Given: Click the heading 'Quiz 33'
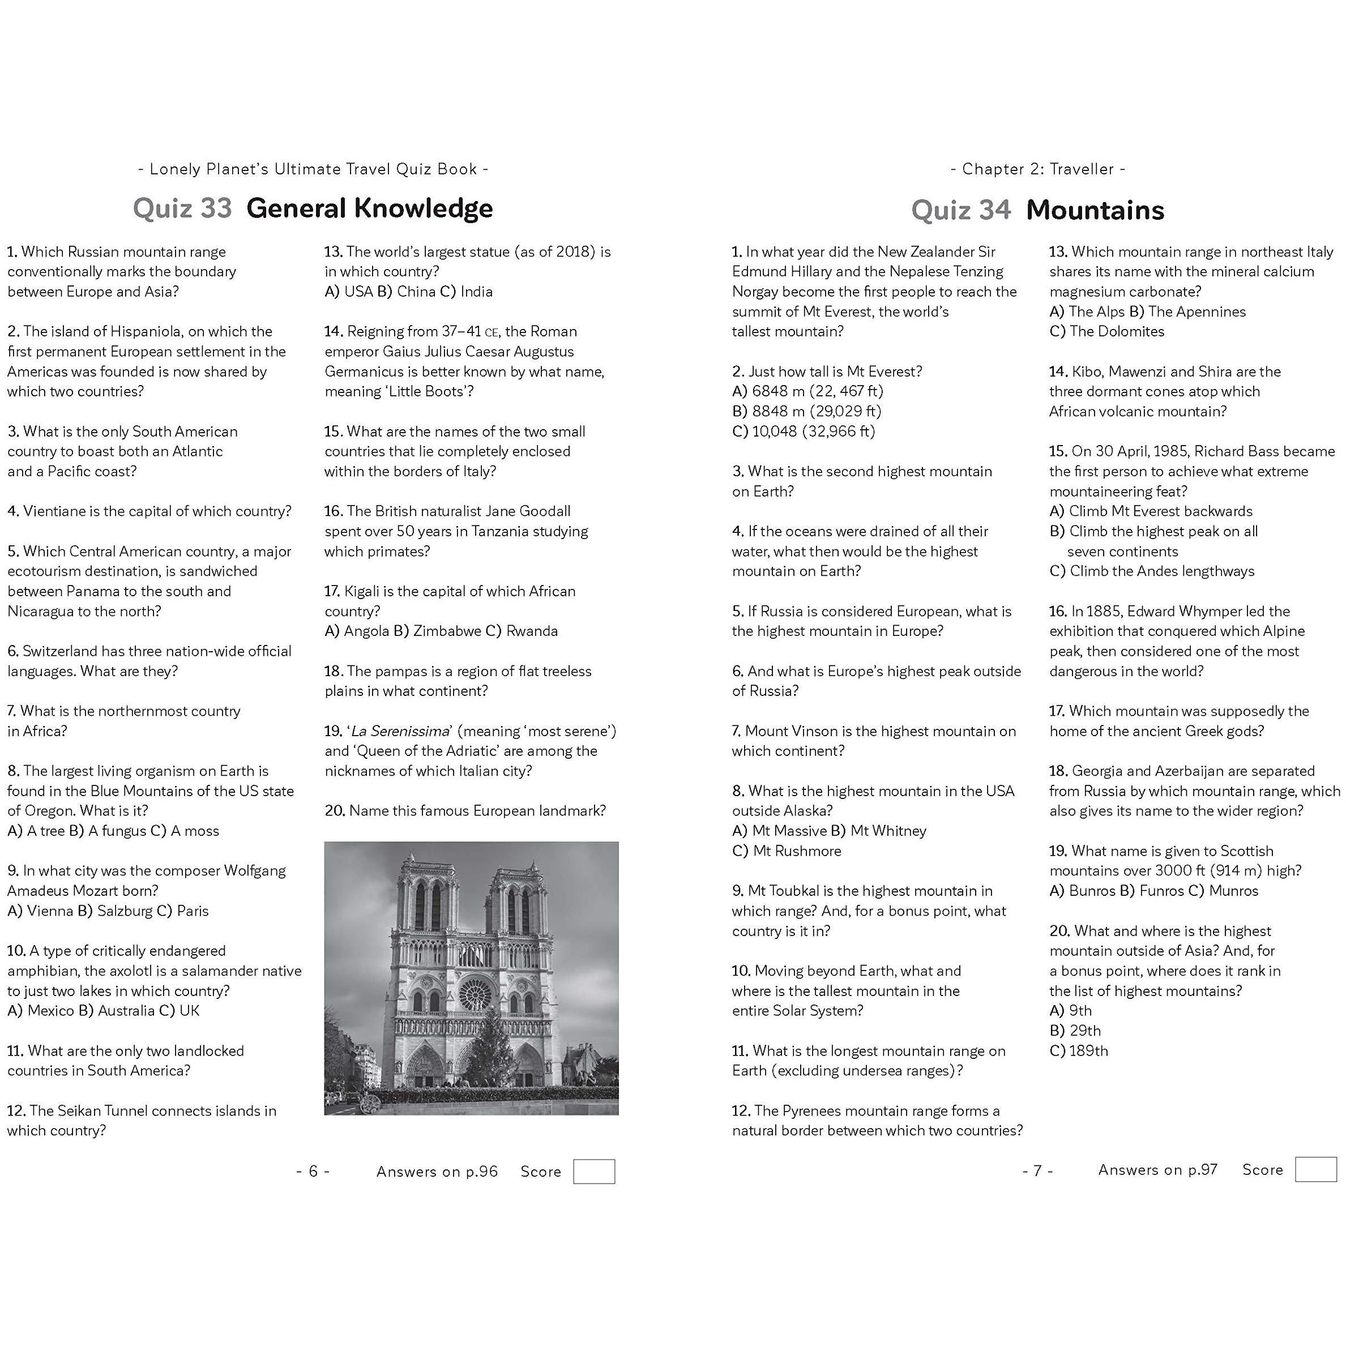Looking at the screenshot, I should click(182, 208).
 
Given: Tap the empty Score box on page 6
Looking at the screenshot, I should click(593, 1171).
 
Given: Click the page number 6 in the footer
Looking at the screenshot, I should click(313, 1171).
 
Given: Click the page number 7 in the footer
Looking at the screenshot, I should click(1037, 1170).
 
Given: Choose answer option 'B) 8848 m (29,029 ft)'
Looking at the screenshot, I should click(807, 411).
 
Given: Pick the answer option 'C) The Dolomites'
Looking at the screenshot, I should click(1106, 332).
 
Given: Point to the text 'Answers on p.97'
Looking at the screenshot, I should click(1157, 1170).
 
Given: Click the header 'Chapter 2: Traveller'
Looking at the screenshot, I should click(1037, 169).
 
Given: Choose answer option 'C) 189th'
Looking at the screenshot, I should click(1079, 1050).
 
